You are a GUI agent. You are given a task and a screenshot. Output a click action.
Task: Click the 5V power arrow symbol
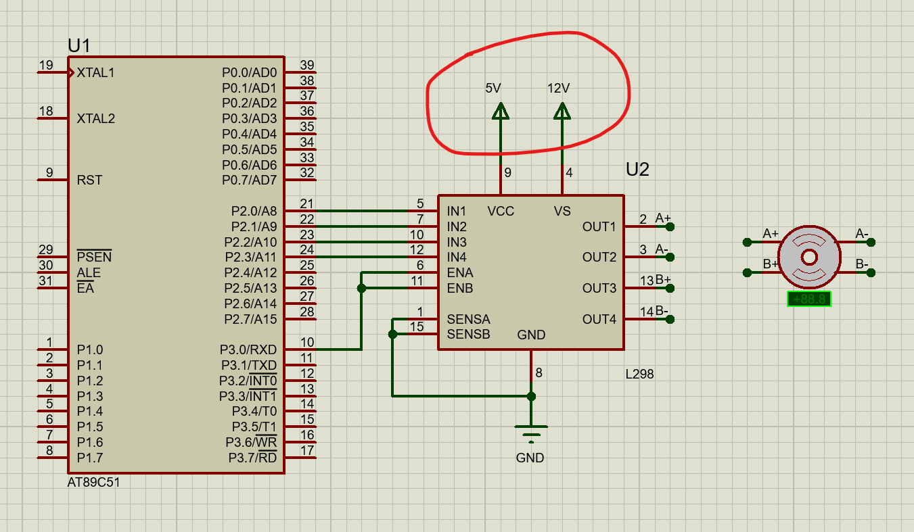[x=501, y=112]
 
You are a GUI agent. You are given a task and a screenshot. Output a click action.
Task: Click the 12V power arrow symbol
[x=562, y=112]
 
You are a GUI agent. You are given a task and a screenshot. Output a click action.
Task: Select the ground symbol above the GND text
[x=531, y=431]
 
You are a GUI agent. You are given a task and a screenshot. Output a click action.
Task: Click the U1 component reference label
[x=79, y=46]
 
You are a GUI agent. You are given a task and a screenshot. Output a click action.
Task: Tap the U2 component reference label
[x=637, y=170]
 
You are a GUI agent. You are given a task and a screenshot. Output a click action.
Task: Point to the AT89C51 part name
[x=94, y=483]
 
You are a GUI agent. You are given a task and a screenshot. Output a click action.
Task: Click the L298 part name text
[x=639, y=374]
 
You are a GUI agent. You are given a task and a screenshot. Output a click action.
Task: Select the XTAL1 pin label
[x=95, y=72]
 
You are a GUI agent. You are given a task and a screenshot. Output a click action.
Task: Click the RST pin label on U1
[x=89, y=180]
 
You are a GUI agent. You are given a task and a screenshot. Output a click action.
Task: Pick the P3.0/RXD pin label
[x=248, y=350]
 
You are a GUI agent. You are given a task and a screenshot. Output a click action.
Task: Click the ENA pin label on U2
[x=460, y=273]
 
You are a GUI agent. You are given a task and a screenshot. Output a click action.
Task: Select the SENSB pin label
[x=468, y=335]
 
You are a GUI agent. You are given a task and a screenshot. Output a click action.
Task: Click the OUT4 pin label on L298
[x=599, y=319]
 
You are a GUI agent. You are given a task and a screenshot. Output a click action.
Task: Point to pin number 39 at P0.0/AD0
[x=307, y=66]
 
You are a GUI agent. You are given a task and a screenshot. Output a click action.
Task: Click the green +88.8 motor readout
[x=809, y=299]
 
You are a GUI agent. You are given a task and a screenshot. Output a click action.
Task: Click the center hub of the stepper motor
[x=809, y=257]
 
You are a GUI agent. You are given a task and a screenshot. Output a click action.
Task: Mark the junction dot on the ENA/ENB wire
[x=361, y=288]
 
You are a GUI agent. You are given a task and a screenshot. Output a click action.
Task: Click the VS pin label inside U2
[x=562, y=212]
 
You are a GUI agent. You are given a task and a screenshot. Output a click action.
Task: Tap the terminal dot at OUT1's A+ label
[x=670, y=226]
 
